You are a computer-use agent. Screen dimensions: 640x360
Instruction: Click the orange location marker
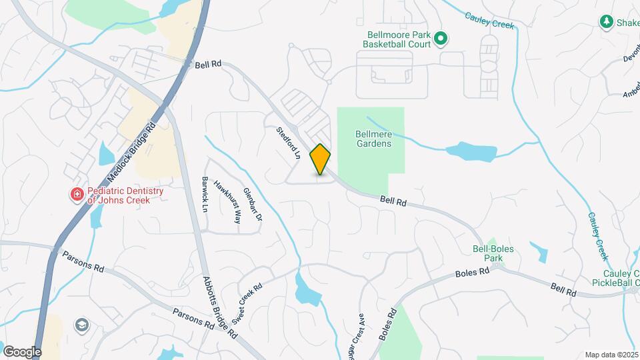321,159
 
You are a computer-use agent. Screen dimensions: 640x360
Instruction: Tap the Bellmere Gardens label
372,138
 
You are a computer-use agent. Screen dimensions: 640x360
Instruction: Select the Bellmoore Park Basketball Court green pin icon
440,39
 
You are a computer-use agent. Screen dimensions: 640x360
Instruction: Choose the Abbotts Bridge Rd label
220,307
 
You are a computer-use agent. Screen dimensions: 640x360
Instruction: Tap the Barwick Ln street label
205,193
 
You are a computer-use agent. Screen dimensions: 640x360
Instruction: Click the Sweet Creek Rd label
247,303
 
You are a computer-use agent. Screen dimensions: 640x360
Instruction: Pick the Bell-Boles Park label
492,252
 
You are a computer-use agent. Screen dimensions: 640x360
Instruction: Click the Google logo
22,351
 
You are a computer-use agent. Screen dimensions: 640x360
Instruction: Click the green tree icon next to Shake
607,23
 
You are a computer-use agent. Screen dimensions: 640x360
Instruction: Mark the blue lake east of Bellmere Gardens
471,151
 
